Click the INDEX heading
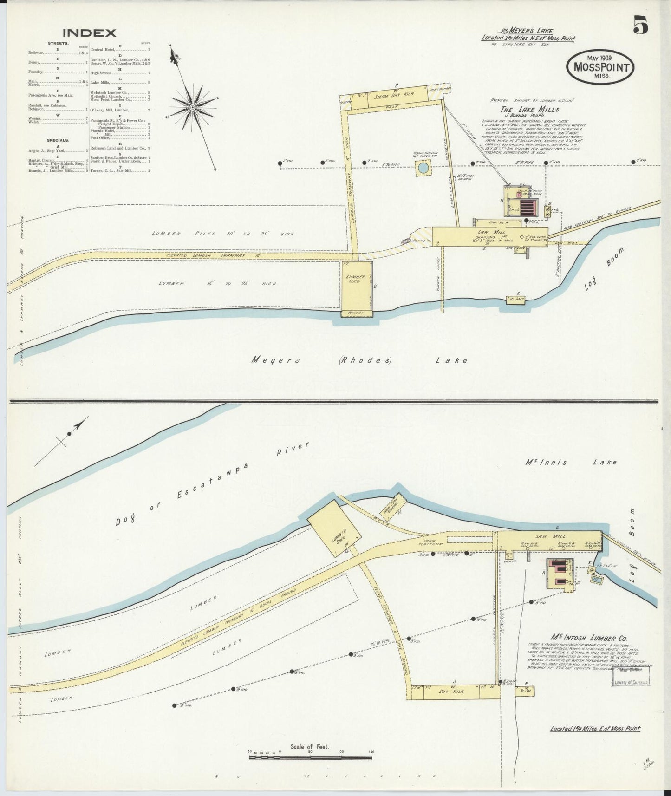89,33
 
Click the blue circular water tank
423,168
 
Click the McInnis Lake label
571,462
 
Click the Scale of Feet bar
310,757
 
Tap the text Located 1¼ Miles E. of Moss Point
595,728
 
